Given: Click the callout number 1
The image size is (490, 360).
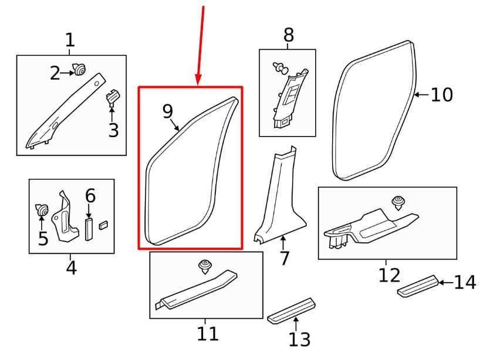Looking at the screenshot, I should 70,40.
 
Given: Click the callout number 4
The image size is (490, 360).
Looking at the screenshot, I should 70,268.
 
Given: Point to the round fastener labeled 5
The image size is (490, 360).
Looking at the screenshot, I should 42,209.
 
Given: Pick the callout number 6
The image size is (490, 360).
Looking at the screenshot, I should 90,195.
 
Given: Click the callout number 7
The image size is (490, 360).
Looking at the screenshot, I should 284,258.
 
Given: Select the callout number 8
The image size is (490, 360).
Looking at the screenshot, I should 288,36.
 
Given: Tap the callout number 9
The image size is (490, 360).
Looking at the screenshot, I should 168,111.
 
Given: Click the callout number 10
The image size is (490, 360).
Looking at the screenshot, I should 442,94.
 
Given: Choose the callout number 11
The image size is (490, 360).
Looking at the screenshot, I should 207,334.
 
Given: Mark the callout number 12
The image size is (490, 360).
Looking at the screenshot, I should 389,274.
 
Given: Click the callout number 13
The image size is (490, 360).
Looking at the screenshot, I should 299,338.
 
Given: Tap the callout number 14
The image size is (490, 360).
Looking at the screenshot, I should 465,283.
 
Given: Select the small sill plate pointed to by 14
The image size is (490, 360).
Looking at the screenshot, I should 417,286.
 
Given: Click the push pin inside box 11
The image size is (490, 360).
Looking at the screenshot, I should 205,267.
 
